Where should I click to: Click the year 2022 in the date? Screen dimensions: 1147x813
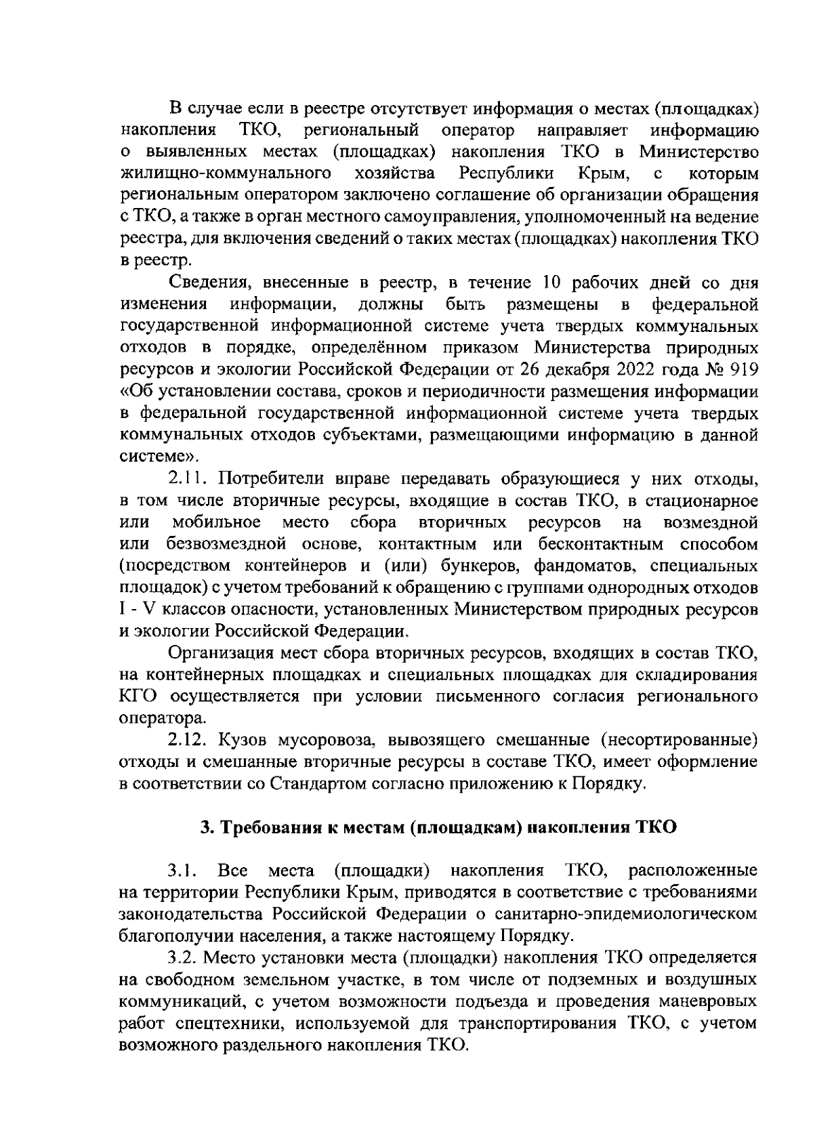636,369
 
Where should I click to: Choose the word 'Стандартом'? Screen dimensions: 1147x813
318,784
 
